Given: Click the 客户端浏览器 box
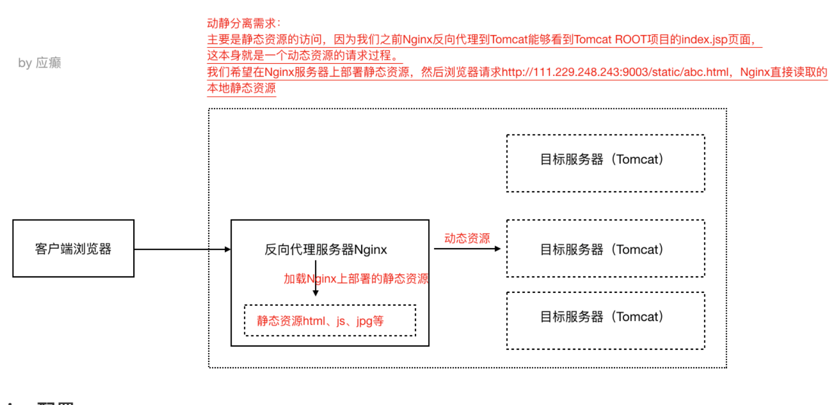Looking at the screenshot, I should [x=73, y=248].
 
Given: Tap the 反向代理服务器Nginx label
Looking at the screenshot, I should [x=326, y=249].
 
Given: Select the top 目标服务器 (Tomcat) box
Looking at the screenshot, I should [x=606, y=163].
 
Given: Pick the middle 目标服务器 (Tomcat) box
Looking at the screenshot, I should [x=606, y=248].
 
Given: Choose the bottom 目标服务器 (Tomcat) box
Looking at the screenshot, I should [x=606, y=320].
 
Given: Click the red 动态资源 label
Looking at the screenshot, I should [x=467, y=238].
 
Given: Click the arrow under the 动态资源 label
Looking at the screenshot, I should [x=467, y=249].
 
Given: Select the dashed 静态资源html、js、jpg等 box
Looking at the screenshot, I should [x=330, y=320].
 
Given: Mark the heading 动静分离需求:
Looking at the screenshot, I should [x=244, y=23].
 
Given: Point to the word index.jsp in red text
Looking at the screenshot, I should [x=704, y=39].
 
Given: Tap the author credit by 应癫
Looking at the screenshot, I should [x=39, y=63].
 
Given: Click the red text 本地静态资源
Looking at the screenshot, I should [x=241, y=88].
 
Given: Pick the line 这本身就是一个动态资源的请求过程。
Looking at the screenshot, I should [x=304, y=55].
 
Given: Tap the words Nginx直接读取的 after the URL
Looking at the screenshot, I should [x=783, y=72].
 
